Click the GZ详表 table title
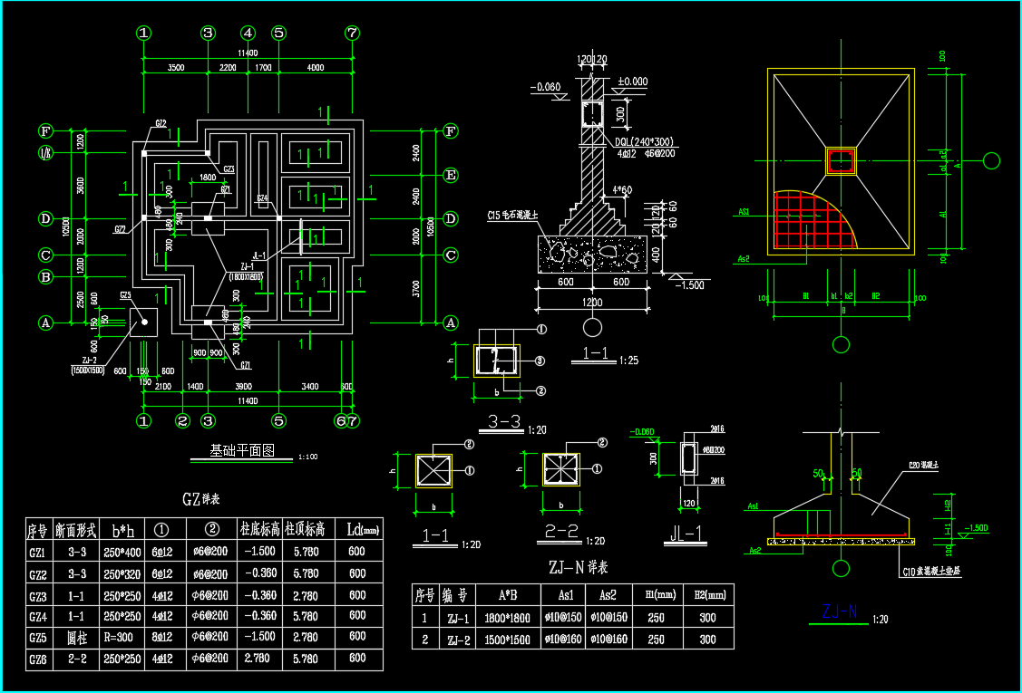click(x=201, y=499)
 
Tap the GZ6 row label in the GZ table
click(x=38, y=659)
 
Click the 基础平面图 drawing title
click(x=242, y=450)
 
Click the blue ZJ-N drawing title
click(x=839, y=612)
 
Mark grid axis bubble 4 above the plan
click(x=248, y=33)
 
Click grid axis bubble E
click(x=451, y=175)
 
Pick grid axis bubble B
click(x=44, y=276)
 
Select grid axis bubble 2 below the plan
click(x=182, y=420)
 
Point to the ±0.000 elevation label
click(x=632, y=82)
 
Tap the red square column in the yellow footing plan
click(x=841, y=161)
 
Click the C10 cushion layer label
click(x=937, y=571)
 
